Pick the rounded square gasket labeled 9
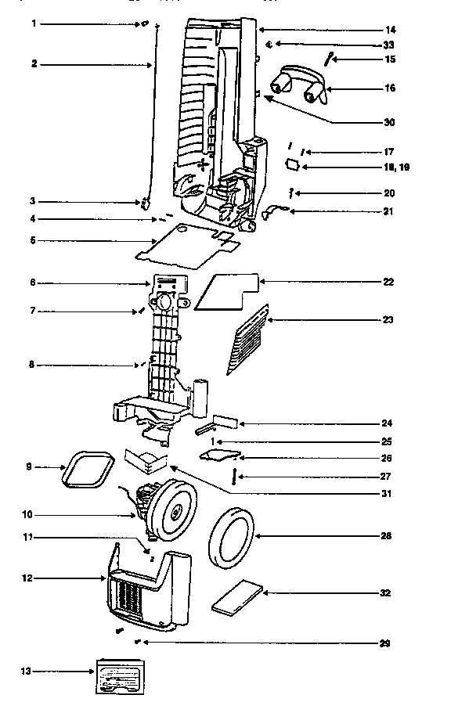click(86, 470)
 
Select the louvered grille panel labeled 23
click(246, 340)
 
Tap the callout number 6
click(33, 282)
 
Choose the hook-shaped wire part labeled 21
click(276, 210)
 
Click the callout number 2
click(34, 64)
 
